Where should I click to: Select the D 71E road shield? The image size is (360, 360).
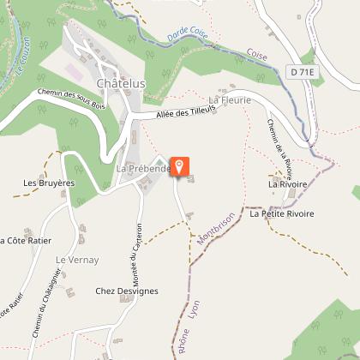coord(304,73)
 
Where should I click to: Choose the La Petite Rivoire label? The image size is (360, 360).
coord(282,213)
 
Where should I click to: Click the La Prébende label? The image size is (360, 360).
coord(141,169)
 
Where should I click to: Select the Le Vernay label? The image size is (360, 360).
coord(78,259)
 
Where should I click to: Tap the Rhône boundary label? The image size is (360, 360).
coord(182,338)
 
